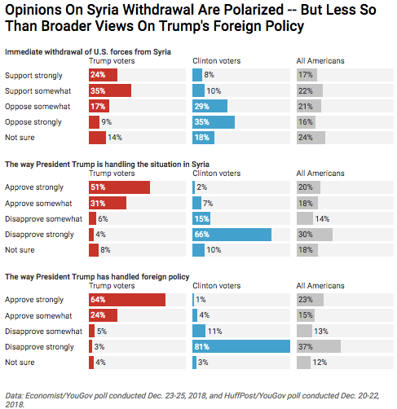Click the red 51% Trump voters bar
(119, 187)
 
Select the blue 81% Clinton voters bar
(241, 346)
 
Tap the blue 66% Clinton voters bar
(232, 235)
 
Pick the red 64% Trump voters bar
(127, 300)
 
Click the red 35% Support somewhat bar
(110, 90)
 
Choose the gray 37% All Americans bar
(319, 346)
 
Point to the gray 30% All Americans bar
(315, 235)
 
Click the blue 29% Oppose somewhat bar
(210, 106)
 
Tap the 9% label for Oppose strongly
(107, 122)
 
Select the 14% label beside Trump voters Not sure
(115, 138)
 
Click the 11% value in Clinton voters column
(214, 332)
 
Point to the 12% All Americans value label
(320, 363)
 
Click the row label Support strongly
(33, 76)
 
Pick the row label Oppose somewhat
(37, 107)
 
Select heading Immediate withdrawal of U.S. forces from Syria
(88, 52)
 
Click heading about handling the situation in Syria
(107, 165)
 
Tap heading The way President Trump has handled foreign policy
(97, 277)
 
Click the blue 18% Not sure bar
(203, 138)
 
